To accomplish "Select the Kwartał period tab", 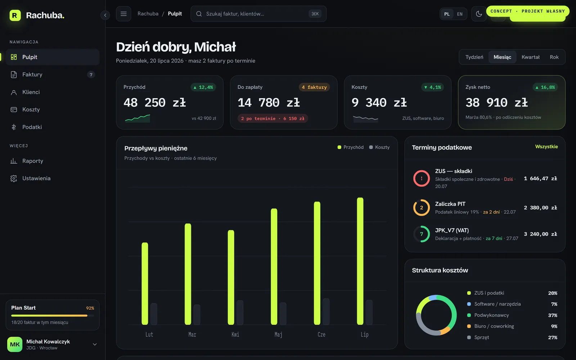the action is tap(530, 57).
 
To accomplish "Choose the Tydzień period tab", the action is tap(474, 57).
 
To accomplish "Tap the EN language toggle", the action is tap(460, 14).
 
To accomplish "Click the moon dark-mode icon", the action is tap(479, 14).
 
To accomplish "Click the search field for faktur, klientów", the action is tap(258, 14).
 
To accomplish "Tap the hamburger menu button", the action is tap(123, 14).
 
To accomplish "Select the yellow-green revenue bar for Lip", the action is tap(360, 261).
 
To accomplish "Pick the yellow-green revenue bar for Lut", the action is tap(145, 283).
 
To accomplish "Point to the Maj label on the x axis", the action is tap(278, 334).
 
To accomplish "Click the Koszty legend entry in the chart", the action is tap(379, 147).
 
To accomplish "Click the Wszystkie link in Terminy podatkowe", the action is tap(546, 147).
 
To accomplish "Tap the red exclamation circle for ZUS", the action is tap(422, 178).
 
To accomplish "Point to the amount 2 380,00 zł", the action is tap(540, 207).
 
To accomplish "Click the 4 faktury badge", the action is tap(314, 87).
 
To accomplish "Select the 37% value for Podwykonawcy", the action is tap(553, 315).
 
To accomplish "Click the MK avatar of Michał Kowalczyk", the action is tap(15, 344).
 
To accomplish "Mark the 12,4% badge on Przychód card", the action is tap(203, 87).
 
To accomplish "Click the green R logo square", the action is tap(15, 15).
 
